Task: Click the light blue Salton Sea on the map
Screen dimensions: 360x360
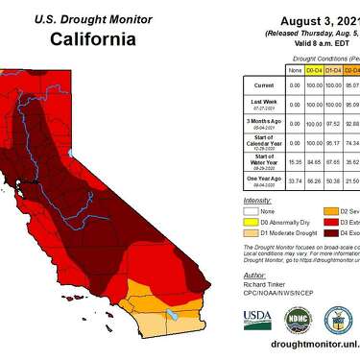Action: point(171,314)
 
